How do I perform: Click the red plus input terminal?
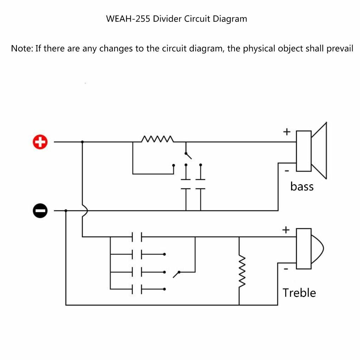pyautogui.click(x=40, y=142)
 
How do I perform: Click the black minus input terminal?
pyautogui.click(x=40, y=211)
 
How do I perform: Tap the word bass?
pyautogui.click(x=302, y=186)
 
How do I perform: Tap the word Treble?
pyautogui.click(x=299, y=293)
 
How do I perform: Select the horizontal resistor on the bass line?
pyautogui.click(x=157, y=139)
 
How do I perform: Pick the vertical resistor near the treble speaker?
pyautogui.click(x=242, y=271)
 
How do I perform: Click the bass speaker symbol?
pyautogui.click(x=311, y=151)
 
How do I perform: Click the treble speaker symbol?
pyautogui.click(x=309, y=249)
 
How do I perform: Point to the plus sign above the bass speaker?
pyautogui.click(x=287, y=132)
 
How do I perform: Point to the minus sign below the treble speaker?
pyautogui.click(x=286, y=269)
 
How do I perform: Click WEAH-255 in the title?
pyautogui.click(x=128, y=19)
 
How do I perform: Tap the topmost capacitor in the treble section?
pyautogui.click(x=137, y=237)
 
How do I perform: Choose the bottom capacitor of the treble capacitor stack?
pyautogui.click(x=137, y=289)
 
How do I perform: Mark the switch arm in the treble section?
pyautogui.click(x=176, y=275)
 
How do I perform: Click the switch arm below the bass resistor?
pyautogui.click(x=188, y=156)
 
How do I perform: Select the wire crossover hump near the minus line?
pyautogui.click(x=85, y=211)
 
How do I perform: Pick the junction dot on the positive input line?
pyautogui.click(x=82, y=142)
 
